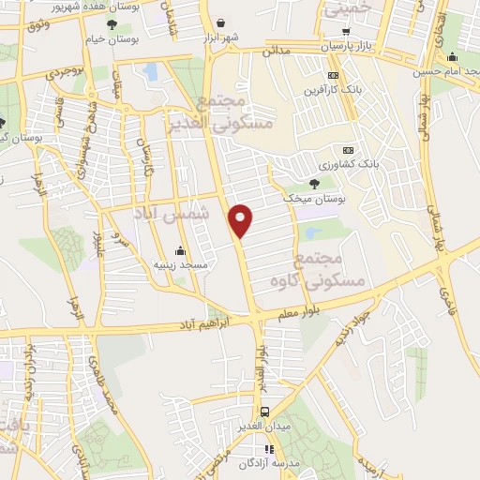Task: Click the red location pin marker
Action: click(241, 219)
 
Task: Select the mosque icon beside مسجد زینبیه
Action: click(180, 251)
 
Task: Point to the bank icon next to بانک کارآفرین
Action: click(333, 75)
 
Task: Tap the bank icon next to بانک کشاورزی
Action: click(349, 149)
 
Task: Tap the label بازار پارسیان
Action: click(349, 45)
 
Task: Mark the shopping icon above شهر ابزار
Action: click(220, 23)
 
